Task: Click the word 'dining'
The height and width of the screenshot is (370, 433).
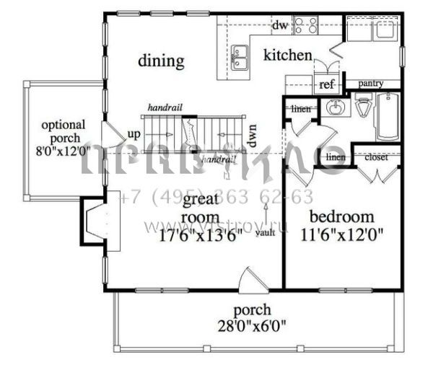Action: click(x=161, y=61)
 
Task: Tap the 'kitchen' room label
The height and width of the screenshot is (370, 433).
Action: click(x=287, y=56)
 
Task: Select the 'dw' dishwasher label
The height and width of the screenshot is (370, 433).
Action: click(x=280, y=26)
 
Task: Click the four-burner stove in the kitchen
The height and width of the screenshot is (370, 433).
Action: click(x=306, y=26)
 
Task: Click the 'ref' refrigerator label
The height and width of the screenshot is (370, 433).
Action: click(x=326, y=84)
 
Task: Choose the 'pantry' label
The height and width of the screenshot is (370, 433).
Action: click(x=370, y=84)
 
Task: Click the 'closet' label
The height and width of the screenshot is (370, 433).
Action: click(x=377, y=157)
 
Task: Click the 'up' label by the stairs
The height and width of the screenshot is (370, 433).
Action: click(x=134, y=134)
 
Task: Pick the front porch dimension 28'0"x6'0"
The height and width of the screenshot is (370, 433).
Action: click(x=253, y=325)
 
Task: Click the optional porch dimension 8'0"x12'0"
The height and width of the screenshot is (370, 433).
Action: click(x=63, y=152)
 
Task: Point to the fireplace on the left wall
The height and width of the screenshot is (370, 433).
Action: click(x=95, y=221)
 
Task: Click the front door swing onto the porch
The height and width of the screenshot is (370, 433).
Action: click(x=253, y=280)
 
